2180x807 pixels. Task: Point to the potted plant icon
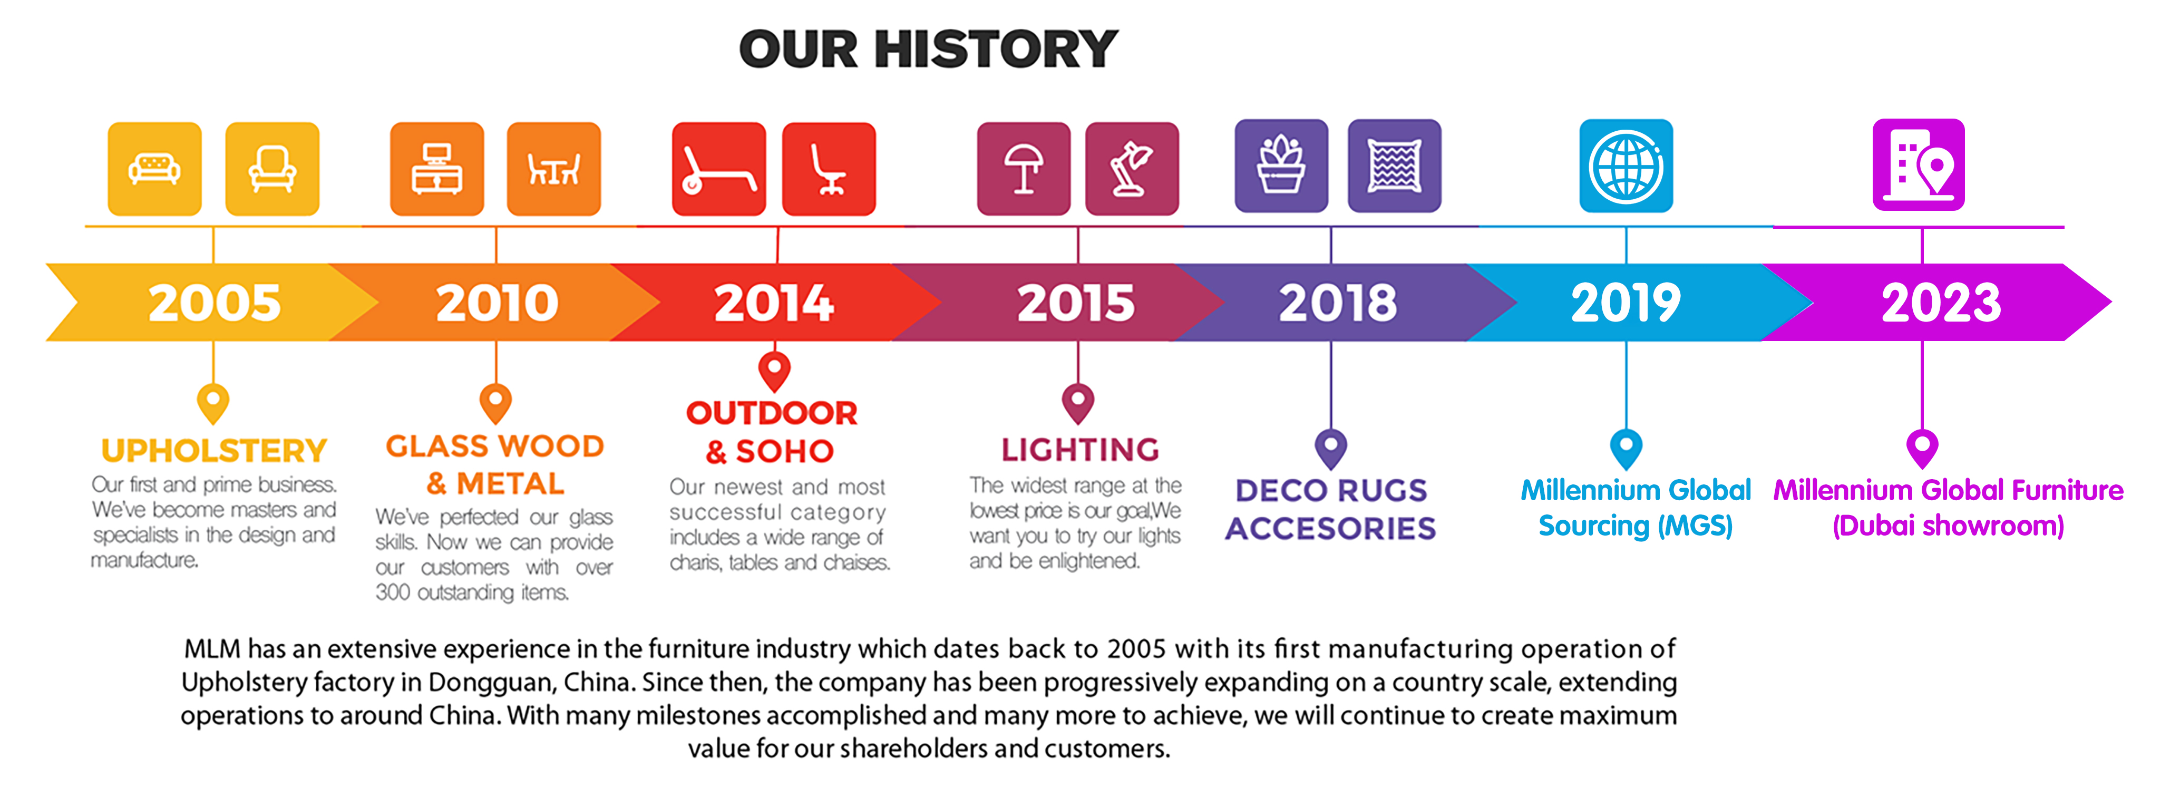(1281, 166)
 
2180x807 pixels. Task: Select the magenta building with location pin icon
(1919, 165)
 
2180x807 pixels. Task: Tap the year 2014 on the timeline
(774, 303)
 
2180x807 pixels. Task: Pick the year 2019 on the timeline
(1626, 303)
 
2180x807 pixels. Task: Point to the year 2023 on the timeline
(1941, 303)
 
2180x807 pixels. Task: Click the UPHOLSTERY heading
(214, 451)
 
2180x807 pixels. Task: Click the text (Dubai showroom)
(1948, 526)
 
